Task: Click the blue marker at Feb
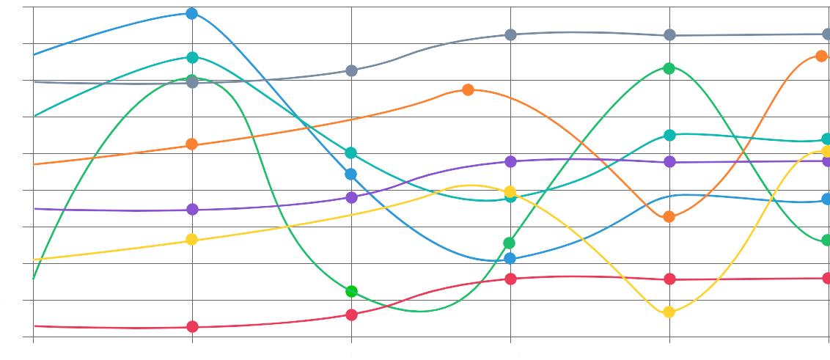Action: [x=192, y=13]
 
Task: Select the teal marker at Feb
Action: [x=192, y=57]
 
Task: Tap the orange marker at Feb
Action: [x=192, y=144]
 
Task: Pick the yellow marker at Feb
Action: [x=192, y=240]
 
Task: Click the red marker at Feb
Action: [x=192, y=326]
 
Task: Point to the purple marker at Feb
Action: [x=192, y=209]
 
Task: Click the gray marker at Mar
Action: [x=351, y=70]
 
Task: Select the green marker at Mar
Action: [x=351, y=291]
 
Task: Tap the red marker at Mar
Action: [x=351, y=315]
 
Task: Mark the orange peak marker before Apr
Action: [x=469, y=89]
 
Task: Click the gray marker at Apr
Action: [x=510, y=34]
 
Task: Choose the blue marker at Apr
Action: [x=510, y=258]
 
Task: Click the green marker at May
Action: [x=669, y=68]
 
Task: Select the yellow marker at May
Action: [x=669, y=312]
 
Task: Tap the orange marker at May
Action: [x=669, y=216]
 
